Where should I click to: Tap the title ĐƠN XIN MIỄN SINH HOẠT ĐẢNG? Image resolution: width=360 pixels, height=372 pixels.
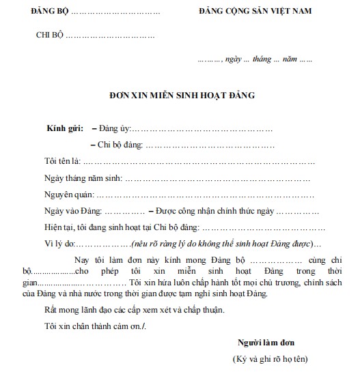pos(182,96)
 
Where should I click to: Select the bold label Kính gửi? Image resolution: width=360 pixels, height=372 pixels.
pos(65,128)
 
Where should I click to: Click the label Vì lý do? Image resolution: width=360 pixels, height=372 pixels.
pos(57,243)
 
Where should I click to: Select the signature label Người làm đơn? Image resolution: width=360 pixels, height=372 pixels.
pos(266,341)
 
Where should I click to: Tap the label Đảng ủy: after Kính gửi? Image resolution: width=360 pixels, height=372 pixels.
pos(113,128)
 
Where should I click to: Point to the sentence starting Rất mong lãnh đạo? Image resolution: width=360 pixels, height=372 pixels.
pos(133,309)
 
